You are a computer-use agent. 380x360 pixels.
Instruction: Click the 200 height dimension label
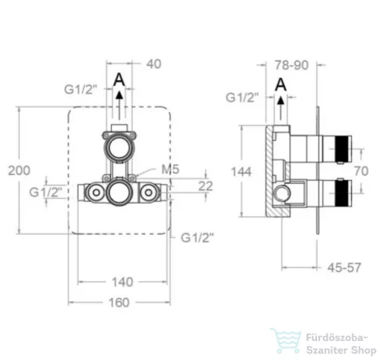(x=19, y=170)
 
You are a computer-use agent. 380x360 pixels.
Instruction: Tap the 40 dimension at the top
(x=154, y=64)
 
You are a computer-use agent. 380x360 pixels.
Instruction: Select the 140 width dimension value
(x=122, y=282)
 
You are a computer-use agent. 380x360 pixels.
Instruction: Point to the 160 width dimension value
(x=119, y=302)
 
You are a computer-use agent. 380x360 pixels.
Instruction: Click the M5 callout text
(x=170, y=169)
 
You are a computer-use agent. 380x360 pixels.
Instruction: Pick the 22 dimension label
(x=205, y=186)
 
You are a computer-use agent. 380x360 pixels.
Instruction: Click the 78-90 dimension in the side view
(x=292, y=65)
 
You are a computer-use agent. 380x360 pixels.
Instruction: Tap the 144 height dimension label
(x=241, y=172)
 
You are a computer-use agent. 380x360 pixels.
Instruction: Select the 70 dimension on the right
(x=361, y=171)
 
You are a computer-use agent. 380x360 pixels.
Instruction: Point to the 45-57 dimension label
(x=344, y=267)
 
